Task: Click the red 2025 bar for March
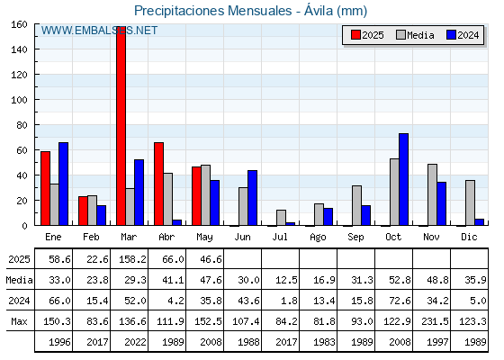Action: (121, 126)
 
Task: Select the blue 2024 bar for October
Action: (404, 179)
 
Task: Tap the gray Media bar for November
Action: (432, 194)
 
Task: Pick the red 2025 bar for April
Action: (158, 184)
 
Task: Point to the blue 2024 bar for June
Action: (252, 198)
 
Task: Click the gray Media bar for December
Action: (470, 202)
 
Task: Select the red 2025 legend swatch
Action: (355, 35)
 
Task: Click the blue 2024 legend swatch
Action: (452, 35)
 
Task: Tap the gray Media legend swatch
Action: (401, 35)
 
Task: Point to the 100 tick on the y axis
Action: (36, 100)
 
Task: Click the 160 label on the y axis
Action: (19, 24)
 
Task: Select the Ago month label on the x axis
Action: (318, 238)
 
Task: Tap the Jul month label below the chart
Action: (280, 237)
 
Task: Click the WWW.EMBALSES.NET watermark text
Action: (99, 31)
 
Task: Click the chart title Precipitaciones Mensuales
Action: (212, 11)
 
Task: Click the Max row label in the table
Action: (19, 321)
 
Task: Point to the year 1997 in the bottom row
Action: (437, 342)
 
